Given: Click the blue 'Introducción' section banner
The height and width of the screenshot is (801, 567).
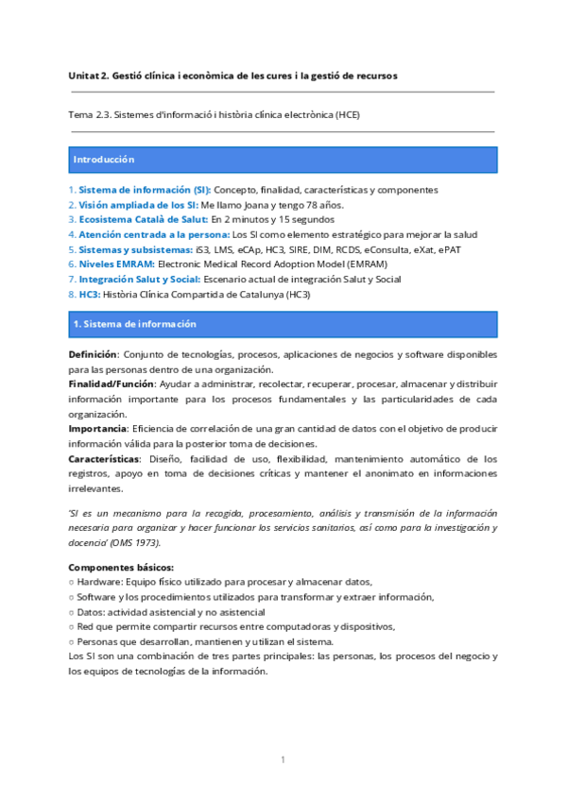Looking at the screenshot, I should click(283, 160).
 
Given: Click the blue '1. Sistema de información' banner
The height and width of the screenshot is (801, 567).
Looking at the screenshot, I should click(283, 324).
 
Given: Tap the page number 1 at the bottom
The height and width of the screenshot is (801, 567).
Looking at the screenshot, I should click(283, 759).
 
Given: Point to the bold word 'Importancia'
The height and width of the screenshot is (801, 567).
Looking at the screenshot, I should click(98, 430).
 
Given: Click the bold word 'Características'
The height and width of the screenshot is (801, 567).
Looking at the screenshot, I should click(104, 459).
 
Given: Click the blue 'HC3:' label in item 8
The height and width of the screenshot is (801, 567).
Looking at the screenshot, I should click(89, 295).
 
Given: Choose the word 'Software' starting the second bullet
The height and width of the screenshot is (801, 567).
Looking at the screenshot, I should click(96, 597).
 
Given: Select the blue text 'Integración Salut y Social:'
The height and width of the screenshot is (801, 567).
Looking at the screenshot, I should click(139, 280).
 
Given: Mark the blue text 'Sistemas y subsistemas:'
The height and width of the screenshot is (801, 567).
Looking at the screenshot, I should click(134, 249).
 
